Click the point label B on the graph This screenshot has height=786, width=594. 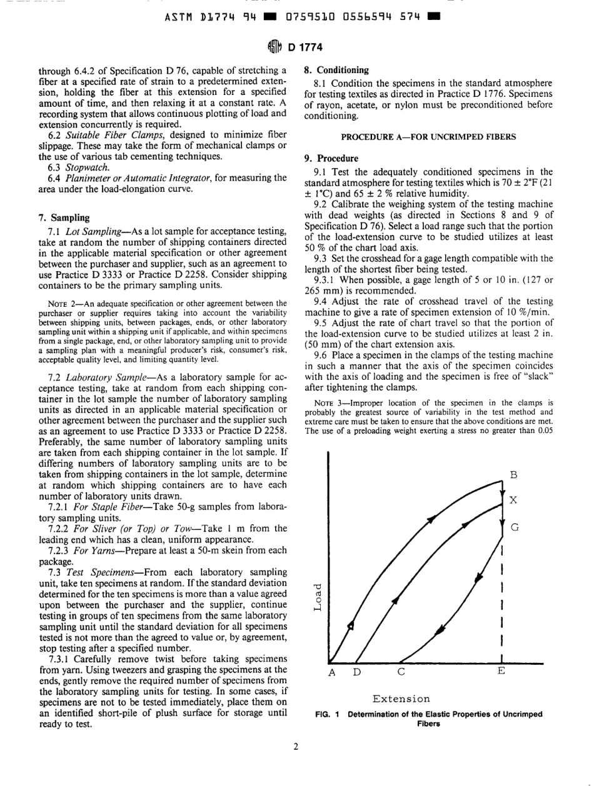(514, 475)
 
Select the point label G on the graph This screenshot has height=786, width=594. (515, 527)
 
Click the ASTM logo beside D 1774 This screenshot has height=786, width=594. (273, 44)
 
